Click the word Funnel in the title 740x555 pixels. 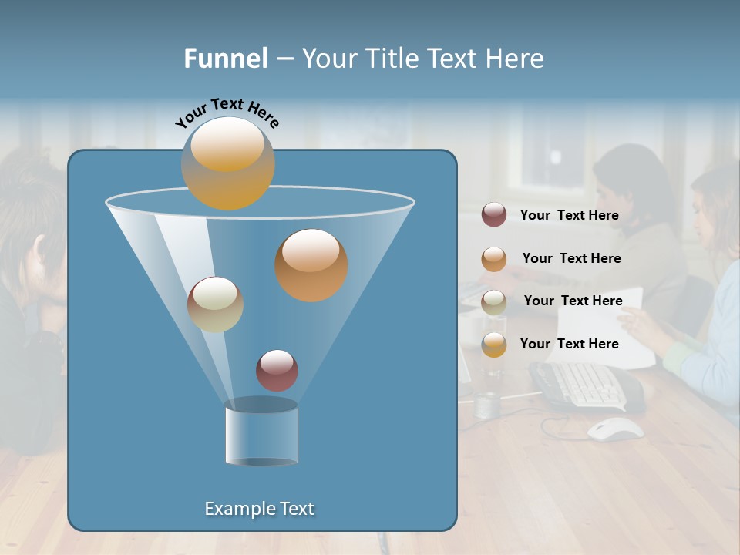[226, 58]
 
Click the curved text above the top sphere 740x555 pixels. [227, 113]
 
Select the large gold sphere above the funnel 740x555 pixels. [227, 163]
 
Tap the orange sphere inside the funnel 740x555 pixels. [311, 264]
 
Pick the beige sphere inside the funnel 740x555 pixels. [215, 304]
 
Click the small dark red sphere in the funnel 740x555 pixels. [277, 370]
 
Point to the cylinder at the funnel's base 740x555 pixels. [262, 432]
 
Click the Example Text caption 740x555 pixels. [260, 509]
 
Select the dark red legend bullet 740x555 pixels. [494, 215]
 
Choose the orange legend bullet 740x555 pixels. [494, 259]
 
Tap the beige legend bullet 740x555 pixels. [494, 301]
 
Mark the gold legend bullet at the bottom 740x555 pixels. [494, 345]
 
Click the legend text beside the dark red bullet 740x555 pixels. [569, 215]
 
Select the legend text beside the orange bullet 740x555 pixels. [571, 258]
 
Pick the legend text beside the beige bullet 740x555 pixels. [573, 301]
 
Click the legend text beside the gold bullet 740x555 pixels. [569, 344]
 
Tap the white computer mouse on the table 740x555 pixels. [615, 429]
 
